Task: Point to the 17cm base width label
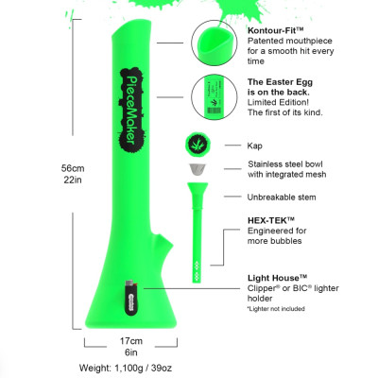[x=130, y=340]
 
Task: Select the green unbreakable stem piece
[x=199, y=227]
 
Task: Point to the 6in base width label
[x=130, y=352]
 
